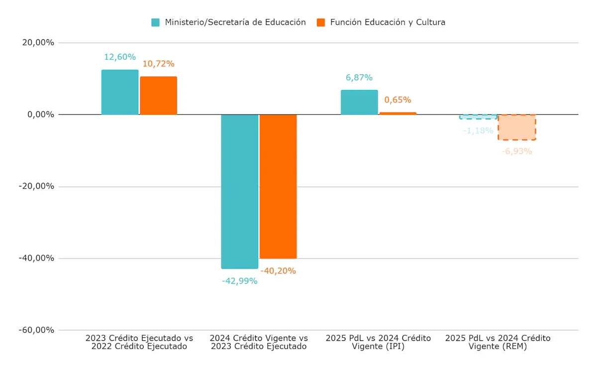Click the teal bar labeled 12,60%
(120, 92)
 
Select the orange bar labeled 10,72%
(158, 96)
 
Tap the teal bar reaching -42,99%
(239, 191)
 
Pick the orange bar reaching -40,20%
(278, 186)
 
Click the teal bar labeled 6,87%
(359, 102)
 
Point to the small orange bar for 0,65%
(398, 113)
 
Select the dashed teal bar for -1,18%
(478, 117)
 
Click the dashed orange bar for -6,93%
(517, 127)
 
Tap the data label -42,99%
(239, 281)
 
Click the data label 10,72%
(158, 64)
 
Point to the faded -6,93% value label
(517, 151)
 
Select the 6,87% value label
(359, 78)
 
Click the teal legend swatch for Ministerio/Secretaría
(156, 22)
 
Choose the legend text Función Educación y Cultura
(388, 22)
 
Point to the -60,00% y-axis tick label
(37, 330)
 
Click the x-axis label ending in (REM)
(497, 342)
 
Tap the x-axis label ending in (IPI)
(378, 342)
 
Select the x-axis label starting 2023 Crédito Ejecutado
(139, 342)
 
